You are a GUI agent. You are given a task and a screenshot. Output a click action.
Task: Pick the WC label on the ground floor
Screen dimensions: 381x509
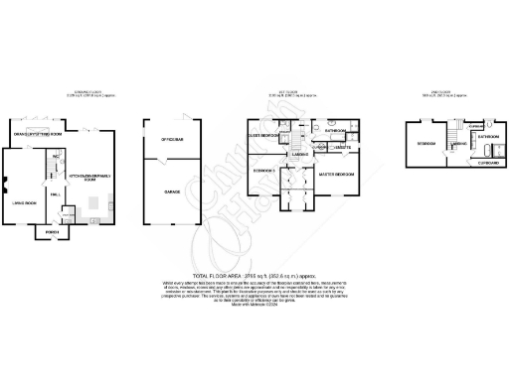[x=58, y=156]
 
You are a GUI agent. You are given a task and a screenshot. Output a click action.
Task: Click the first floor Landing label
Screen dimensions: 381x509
[x=298, y=154]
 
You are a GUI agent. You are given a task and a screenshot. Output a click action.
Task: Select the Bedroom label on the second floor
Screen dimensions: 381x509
[x=426, y=143]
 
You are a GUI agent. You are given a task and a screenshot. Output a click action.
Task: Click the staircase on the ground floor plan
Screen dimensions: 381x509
[x=47, y=177]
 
